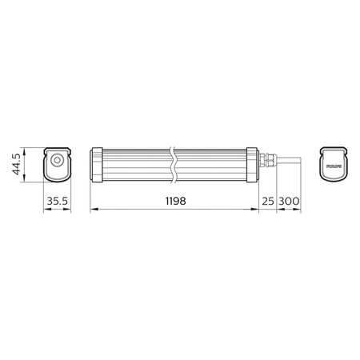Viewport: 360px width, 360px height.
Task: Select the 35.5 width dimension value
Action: tap(57, 201)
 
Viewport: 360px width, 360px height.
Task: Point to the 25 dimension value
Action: tap(268, 201)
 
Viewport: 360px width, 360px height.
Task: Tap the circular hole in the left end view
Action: tap(57, 161)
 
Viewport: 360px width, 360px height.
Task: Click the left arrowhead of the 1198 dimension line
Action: tap(94, 211)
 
